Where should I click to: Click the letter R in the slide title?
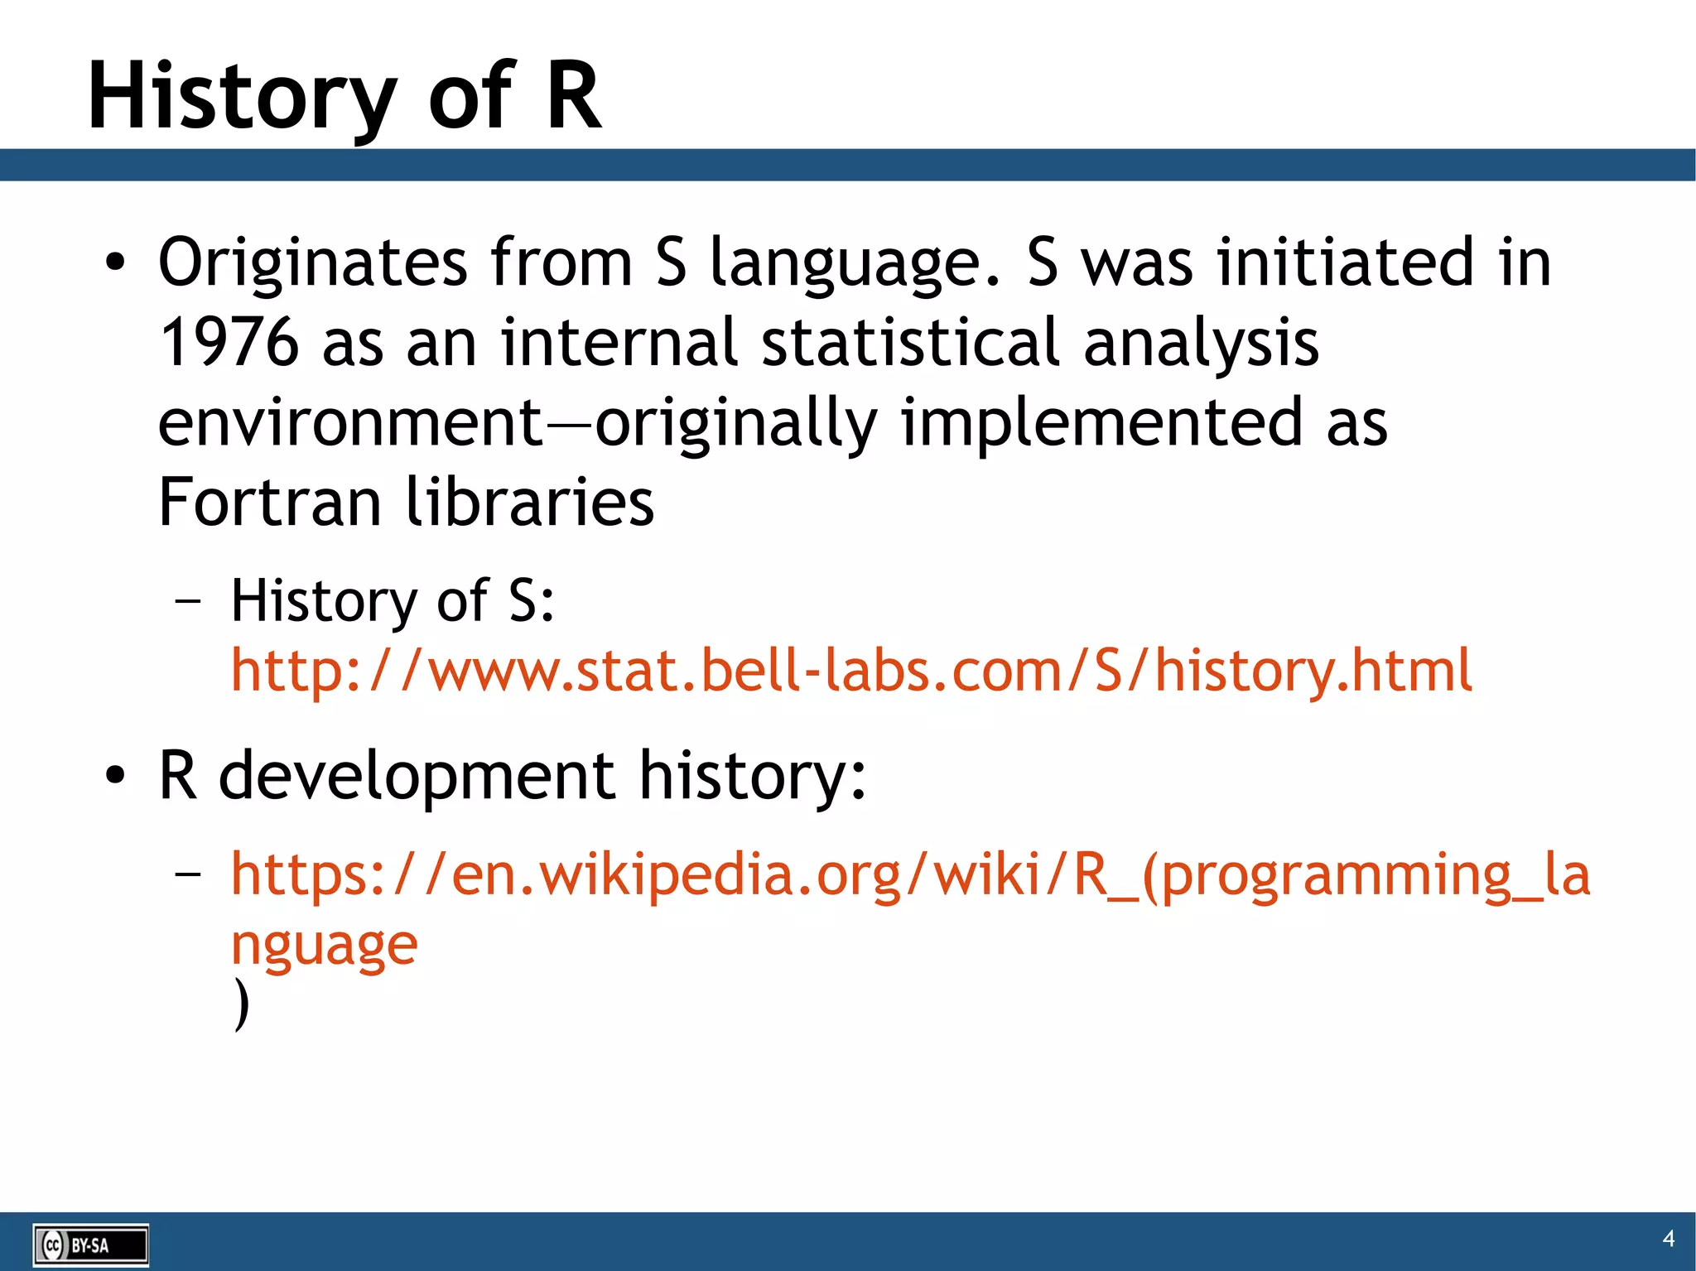[x=573, y=97]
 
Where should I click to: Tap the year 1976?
[x=229, y=343]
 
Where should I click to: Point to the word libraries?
[x=530, y=503]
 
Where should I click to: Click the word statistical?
[x=909, y=343]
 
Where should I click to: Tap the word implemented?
[x=1101, y=423]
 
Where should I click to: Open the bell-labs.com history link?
[x=850, y=671]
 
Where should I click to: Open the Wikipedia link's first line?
[x=909, y=874]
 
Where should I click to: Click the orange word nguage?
[x=324, y=946]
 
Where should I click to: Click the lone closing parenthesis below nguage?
[x=241, y=1004]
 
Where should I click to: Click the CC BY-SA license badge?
[x=90, y=1245]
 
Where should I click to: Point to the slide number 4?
[x=1668, y=1238]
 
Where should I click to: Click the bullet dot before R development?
[x=115, y=777]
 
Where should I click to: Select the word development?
[x=417, y=777]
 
